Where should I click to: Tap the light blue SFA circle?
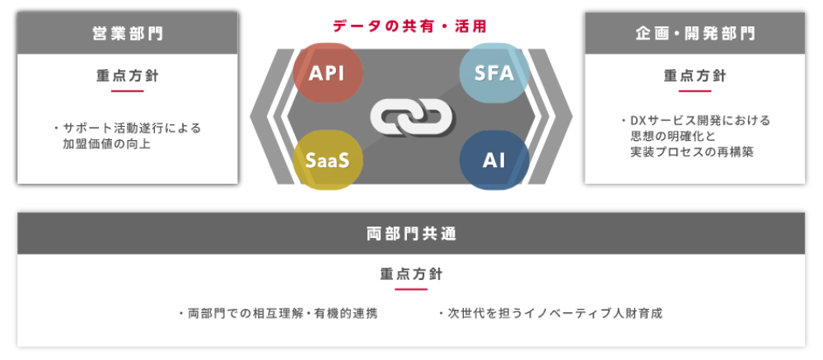(x=493, y=72)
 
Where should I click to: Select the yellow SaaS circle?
(x=327, y=160)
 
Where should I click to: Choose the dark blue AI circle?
(x=493, y=160)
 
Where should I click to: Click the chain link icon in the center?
(x=411, y=116)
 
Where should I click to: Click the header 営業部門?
(x=128, y=34)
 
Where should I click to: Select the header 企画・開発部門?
(x=694, y=34)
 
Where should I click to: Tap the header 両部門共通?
(x=411, y=234)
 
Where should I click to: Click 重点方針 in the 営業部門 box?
(x=128, y=76)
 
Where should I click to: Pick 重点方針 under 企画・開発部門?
(x=694, y=76)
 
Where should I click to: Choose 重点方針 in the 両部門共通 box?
(x=411, y=274)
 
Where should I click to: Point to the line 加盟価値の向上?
(x=107, y=144)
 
